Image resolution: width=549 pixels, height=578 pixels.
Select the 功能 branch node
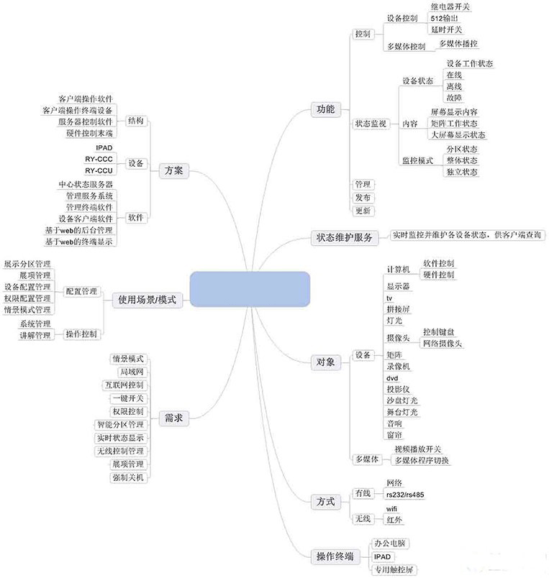click(x=325, y=110)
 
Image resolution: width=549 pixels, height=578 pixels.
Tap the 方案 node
click(x=173, y=170)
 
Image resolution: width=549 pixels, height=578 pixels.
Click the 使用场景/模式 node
click(x=147, y=300)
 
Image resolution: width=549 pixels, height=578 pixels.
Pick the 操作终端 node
click(x=335, y=556)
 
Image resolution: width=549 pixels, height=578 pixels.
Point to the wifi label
click(x=393, y=509)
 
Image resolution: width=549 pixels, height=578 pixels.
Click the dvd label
click(x=392, y=378)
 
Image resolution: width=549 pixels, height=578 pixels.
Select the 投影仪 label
click(x=398, y=389)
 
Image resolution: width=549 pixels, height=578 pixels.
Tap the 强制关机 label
click(x=129, y=477)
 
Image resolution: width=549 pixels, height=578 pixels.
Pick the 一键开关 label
click(x=129, y=398)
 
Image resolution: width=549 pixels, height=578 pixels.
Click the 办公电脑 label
click(x=391, y=543)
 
